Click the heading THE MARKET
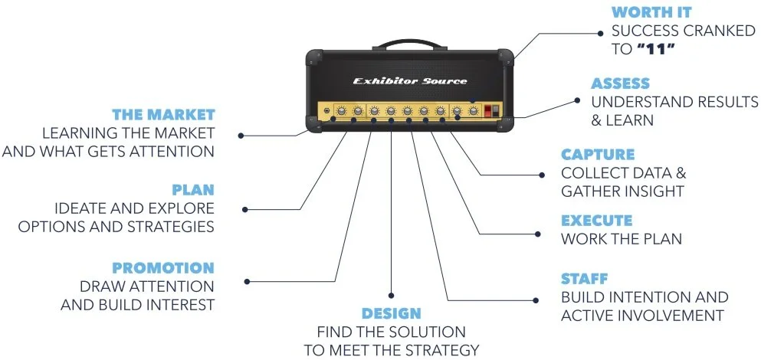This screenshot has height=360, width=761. point(163,115)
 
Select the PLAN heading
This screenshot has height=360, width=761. point(193,189)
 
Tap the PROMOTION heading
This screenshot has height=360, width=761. point(163,268)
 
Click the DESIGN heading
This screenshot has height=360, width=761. point(391,313)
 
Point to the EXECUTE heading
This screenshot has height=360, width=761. point(597,221)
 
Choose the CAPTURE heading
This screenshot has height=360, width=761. point(598,155)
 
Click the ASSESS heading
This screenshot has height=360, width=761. point(620,83)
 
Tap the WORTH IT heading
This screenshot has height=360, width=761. point(651,13)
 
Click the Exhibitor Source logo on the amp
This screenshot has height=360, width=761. point(409,81)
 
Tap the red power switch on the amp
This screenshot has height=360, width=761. point(495,112)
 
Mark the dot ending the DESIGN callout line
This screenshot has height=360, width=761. point(391,295)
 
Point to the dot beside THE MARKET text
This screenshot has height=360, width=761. point(241,136)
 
